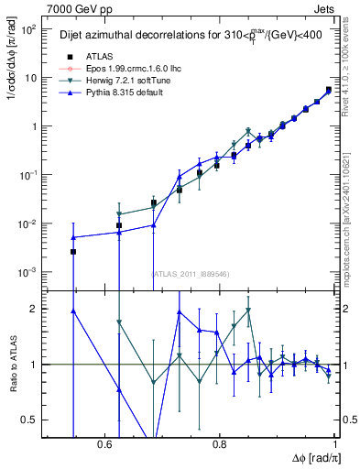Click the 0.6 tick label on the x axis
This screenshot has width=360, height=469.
(x=104, y=444)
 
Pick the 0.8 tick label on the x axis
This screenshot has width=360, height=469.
(x=220, y=444)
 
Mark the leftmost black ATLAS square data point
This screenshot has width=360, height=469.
(x=73, y=251)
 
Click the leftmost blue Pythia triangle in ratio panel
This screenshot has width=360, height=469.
(x=73, y=311)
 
